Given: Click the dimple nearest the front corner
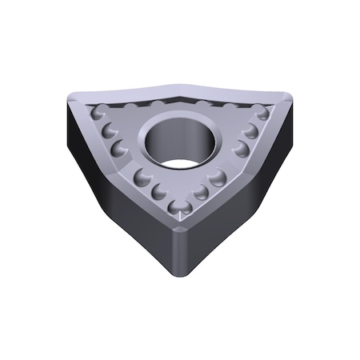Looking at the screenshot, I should click(182, 207).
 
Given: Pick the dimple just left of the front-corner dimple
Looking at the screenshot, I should click(161, 191).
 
